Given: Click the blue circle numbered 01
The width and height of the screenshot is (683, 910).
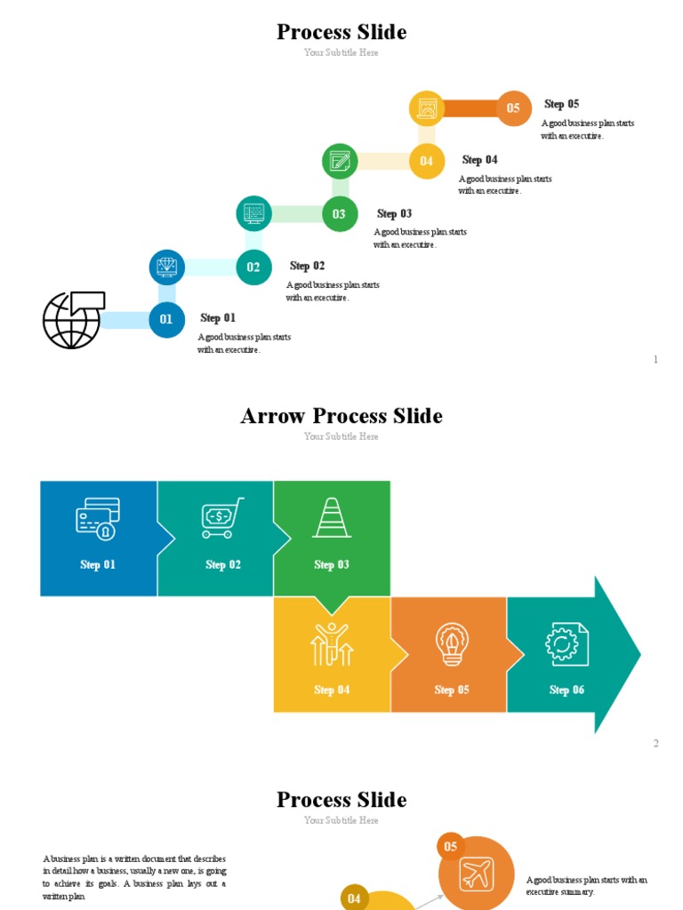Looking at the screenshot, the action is (166, 320).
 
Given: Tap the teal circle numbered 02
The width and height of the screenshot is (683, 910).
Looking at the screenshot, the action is (253, 267).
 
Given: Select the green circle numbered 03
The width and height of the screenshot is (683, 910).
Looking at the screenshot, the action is (340, 214).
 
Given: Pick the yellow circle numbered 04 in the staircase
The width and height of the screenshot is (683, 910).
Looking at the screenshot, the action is (427, 162).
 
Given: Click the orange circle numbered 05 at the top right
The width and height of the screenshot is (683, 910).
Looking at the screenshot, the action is (513, 108).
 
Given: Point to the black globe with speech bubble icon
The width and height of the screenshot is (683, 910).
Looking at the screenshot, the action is (73, 319).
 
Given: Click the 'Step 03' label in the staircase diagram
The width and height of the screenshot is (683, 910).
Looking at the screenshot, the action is (394, 214).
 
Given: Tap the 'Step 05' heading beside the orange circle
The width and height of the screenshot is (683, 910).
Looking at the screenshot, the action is (561, 104).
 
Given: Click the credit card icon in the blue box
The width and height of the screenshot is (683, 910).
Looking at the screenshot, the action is (98, 518).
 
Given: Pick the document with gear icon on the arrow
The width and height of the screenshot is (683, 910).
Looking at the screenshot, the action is (566, 643).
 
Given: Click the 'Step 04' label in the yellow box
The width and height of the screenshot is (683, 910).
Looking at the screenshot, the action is (332, 690).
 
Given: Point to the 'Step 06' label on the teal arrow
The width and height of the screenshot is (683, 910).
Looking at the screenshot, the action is (566, 690).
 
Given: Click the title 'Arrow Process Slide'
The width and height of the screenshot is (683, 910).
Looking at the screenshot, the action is (341, 416).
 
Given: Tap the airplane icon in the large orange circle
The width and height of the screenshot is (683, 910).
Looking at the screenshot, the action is (477, 874).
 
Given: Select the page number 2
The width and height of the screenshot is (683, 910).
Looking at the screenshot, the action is (656, 743).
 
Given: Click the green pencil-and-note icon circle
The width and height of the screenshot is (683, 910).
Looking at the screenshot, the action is (340, 161).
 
